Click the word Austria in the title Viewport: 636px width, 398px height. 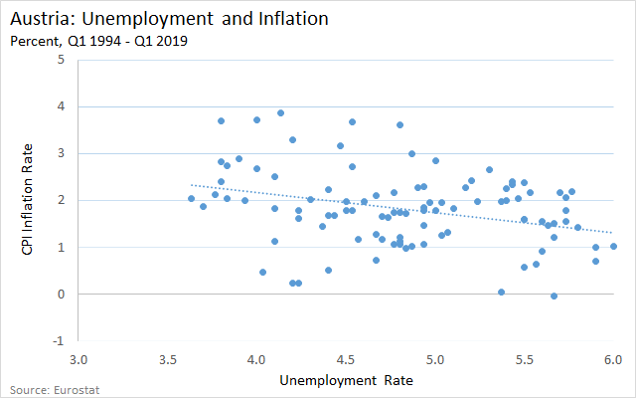(44, 19)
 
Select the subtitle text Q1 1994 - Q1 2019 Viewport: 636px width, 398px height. (127, 41)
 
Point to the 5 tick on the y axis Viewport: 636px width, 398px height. (61, 60)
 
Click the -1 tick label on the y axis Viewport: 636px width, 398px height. (59, 340)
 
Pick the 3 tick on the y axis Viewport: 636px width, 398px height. (61, 153)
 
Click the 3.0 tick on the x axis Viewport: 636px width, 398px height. (79, 360)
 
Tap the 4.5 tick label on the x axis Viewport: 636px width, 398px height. (346, 360)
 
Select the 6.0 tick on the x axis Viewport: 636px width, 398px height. (613, 360)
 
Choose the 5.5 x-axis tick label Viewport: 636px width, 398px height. (524, 360)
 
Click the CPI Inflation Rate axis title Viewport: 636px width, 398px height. (27, 199)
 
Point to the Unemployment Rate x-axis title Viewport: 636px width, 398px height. (346, 380)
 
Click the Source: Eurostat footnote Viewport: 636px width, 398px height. (55, 390)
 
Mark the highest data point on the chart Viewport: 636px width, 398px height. (280, 112)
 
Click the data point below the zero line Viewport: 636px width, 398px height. (555, 297)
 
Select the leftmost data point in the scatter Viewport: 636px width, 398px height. (192, 199)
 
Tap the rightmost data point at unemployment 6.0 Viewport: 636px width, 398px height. (613, 247)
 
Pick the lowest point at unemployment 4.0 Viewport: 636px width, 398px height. (256, 168)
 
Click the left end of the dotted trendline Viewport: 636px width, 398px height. (192, 185)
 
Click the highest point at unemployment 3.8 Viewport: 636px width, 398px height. (221, 121)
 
